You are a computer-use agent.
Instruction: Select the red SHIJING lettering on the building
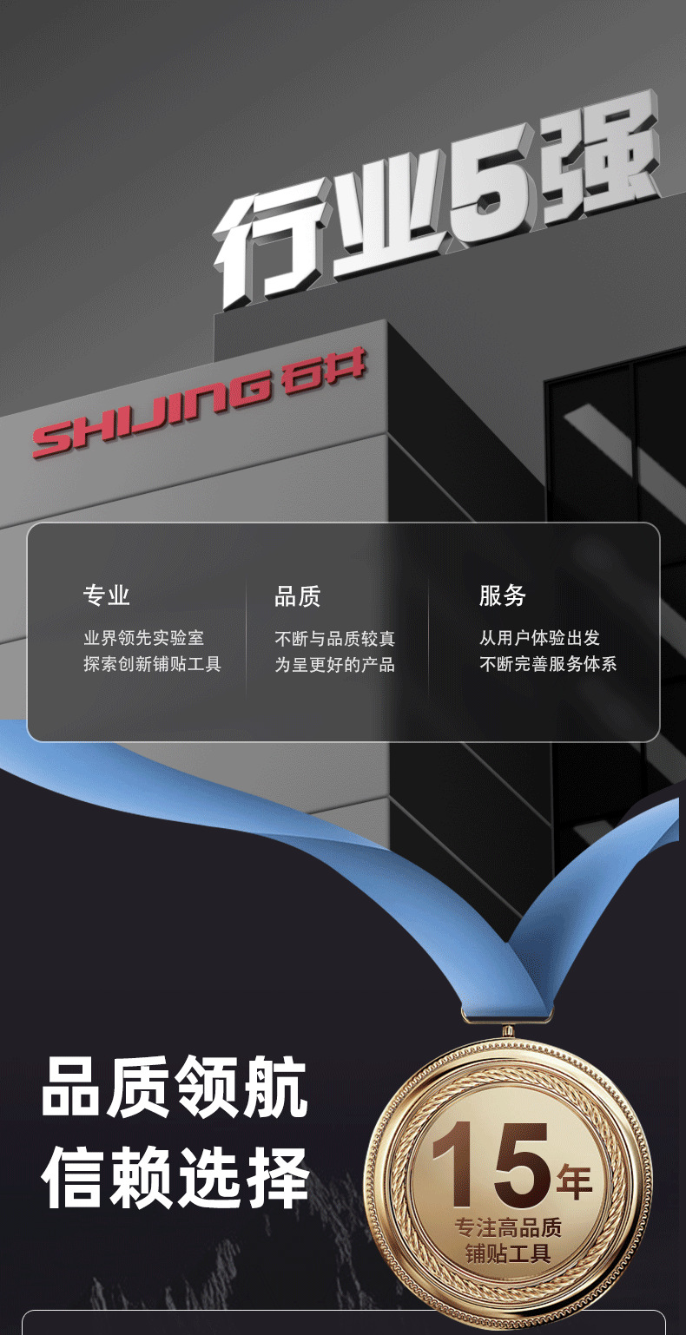pos(153,413)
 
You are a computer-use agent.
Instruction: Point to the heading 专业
pos(107,595)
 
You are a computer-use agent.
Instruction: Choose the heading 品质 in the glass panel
pos(298,595)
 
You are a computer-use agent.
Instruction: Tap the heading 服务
pos(503,595)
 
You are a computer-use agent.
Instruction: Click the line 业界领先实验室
pos(144,638)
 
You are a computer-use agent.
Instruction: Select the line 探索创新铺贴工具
pos(153,664)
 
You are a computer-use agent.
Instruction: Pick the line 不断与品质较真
pos(335,638)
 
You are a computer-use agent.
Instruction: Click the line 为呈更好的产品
pos(335,664)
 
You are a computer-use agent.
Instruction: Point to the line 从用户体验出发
pos(540,638)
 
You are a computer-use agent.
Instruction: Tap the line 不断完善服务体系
pos(549,664)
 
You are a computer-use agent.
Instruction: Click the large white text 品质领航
pos(175,1088)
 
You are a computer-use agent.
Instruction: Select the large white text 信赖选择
pos(175,1177)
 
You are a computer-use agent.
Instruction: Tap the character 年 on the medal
pos(574,1181)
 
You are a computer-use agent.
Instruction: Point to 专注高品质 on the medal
pos(508,1227)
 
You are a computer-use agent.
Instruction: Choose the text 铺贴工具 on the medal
pos(508,1253)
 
